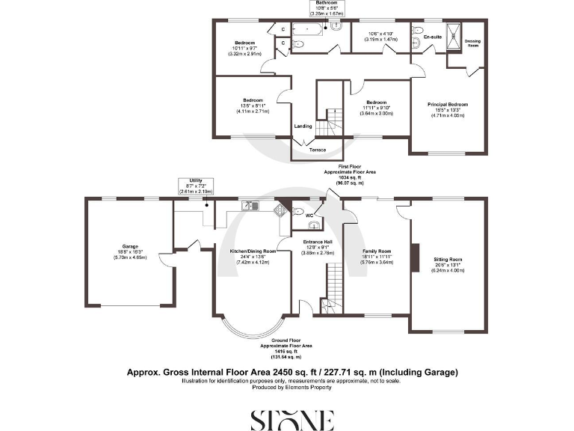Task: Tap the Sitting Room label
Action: tap(448, 260)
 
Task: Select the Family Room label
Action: tap(377, 251)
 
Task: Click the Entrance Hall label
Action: tap(318, 242)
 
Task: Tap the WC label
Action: tap(307, 215)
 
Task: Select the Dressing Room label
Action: tap(472, 43)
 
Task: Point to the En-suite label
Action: tap(432, 37)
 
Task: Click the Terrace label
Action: tap(319, 150)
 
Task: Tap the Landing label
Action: tap(303, 126)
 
